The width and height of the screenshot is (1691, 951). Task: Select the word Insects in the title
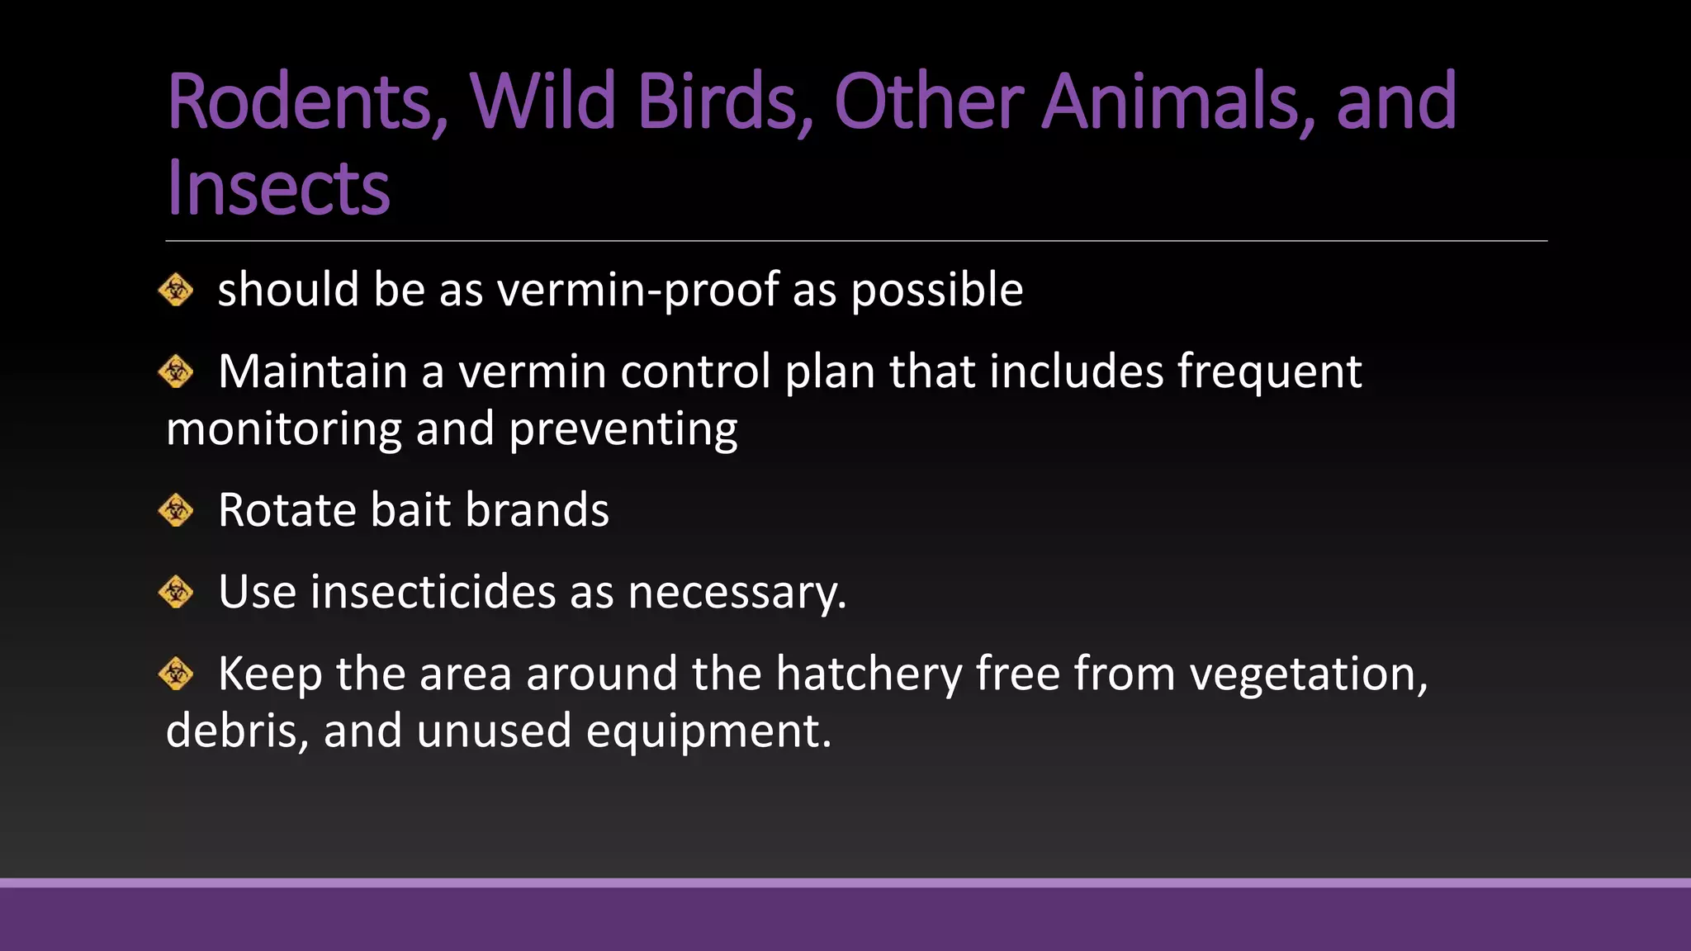pyautogui.click(x=277, y=189)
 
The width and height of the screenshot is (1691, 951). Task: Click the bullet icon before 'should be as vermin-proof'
pyautogui.click(x=176, y=290)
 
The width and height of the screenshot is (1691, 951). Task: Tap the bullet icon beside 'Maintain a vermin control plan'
pyautogui.click(x=176, y=371)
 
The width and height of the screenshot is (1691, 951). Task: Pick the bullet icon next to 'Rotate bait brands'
pyautogui.click(x=176, y=510)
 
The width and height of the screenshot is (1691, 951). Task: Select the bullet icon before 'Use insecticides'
pyautogui.click(x=176, y=592)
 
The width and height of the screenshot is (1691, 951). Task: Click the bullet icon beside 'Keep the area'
pyautogui.click(x=176, y=674)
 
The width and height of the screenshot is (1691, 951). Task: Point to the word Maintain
pyautogui.click(x=313, y=371)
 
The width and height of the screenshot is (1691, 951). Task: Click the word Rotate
pyautogui.click(x=287, y=510)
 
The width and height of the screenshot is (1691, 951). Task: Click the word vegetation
pyautogui.click(x=1308, y=674)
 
